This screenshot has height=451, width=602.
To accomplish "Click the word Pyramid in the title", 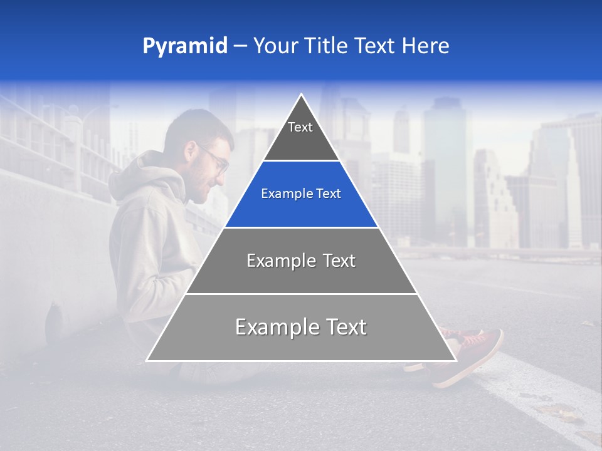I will [x=185, y=46].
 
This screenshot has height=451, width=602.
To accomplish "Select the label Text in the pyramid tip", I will [x=300, y=128].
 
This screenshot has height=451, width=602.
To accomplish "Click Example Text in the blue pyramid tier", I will [x=301, y=194].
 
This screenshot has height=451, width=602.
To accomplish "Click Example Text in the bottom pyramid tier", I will [x=301, y=327].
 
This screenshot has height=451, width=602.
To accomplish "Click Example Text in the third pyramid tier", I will [x=301, y=261].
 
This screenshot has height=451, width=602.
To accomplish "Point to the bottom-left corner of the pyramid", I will [x=147, y=360].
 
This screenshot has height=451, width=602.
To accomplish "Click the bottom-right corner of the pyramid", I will [x=455, y=360].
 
